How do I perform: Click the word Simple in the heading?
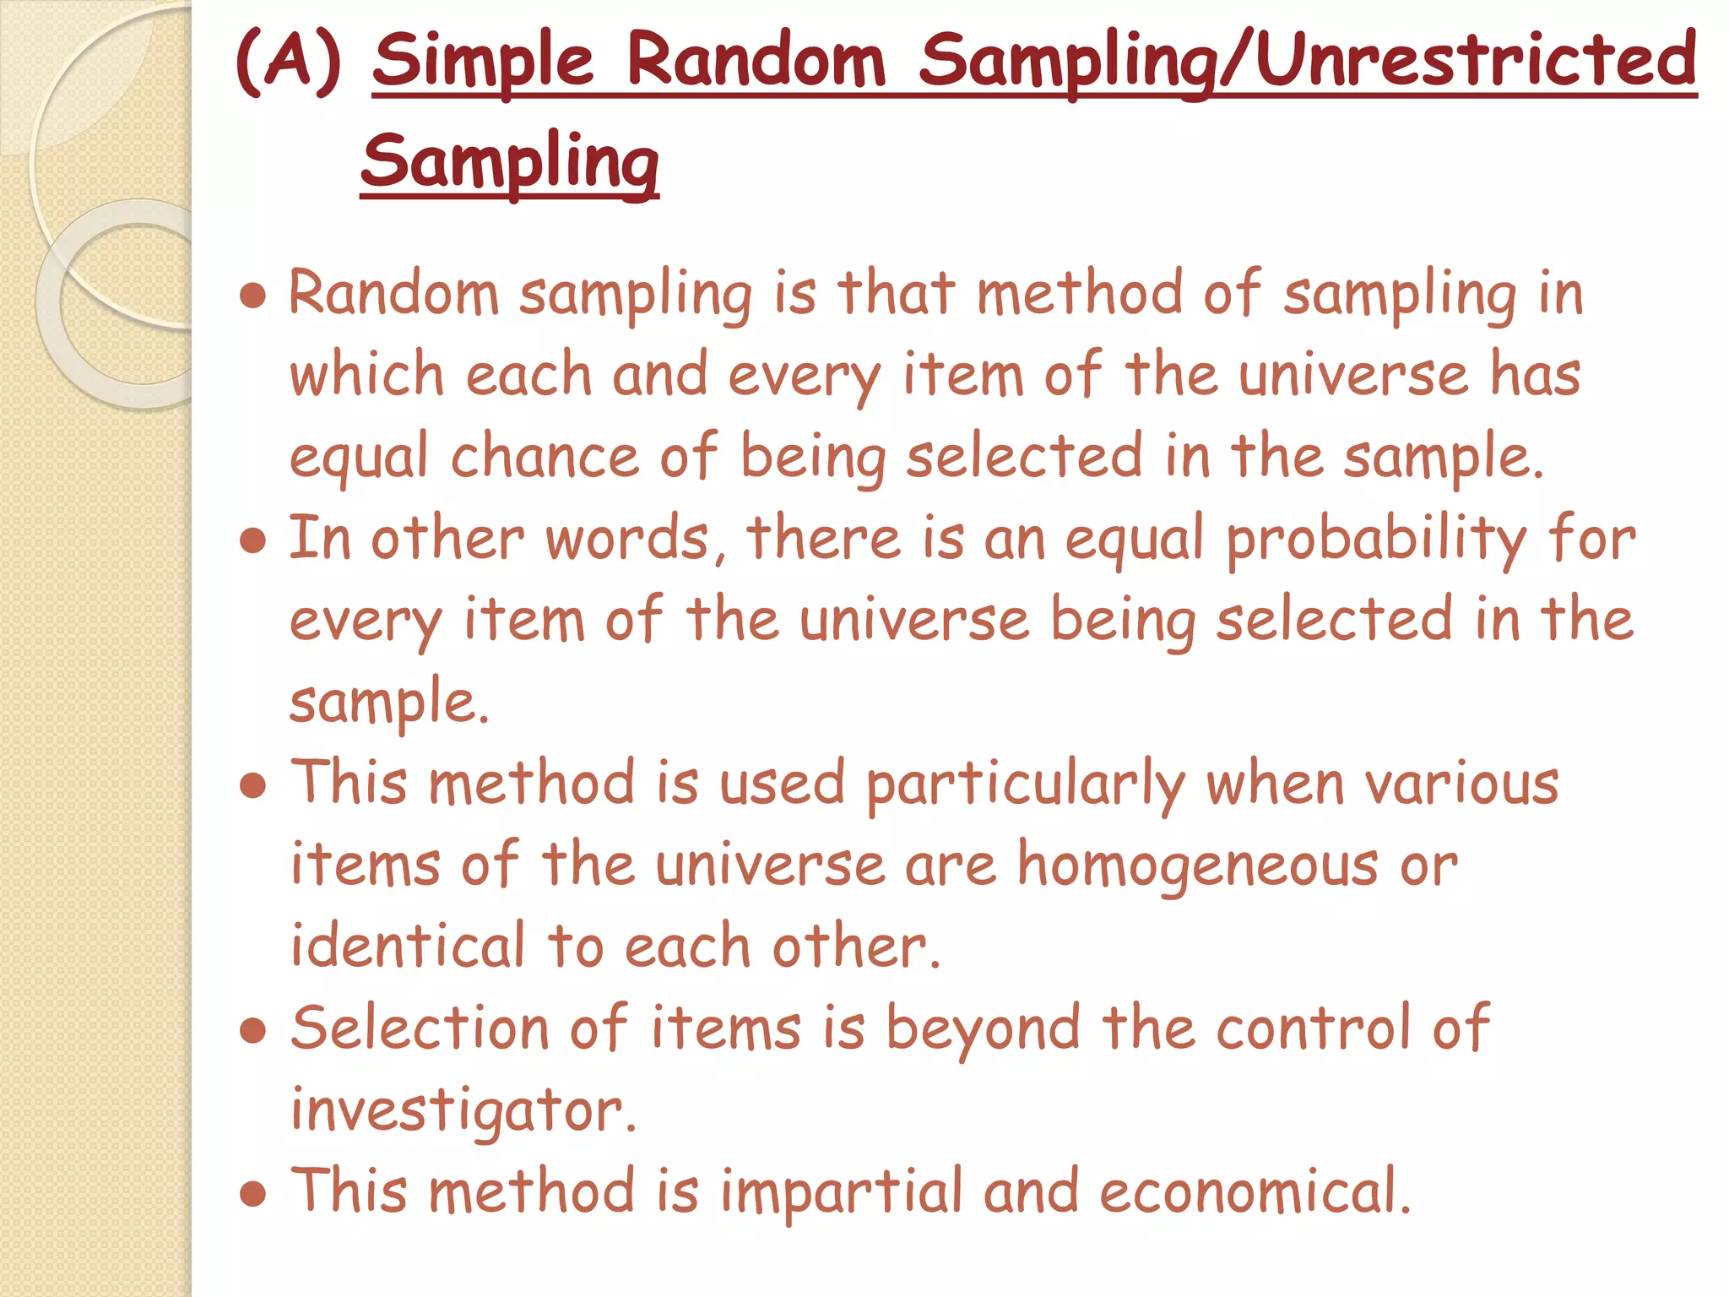point(483,61)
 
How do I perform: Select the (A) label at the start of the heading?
point(289,61)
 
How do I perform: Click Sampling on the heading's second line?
point(510,162)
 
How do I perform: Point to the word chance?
point(545,457)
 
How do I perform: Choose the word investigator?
point(463,1110)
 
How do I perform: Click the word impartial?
point(841,1191)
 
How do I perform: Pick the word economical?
point(1255,1191)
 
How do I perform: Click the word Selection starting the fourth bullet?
point(420,1028)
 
